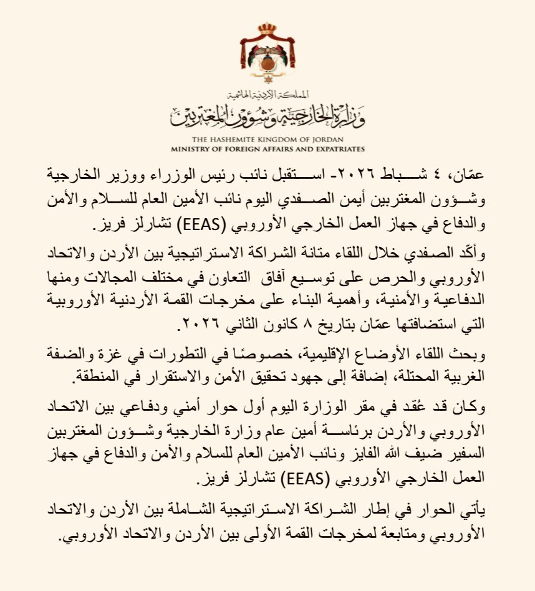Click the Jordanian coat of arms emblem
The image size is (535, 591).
(267, 56)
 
